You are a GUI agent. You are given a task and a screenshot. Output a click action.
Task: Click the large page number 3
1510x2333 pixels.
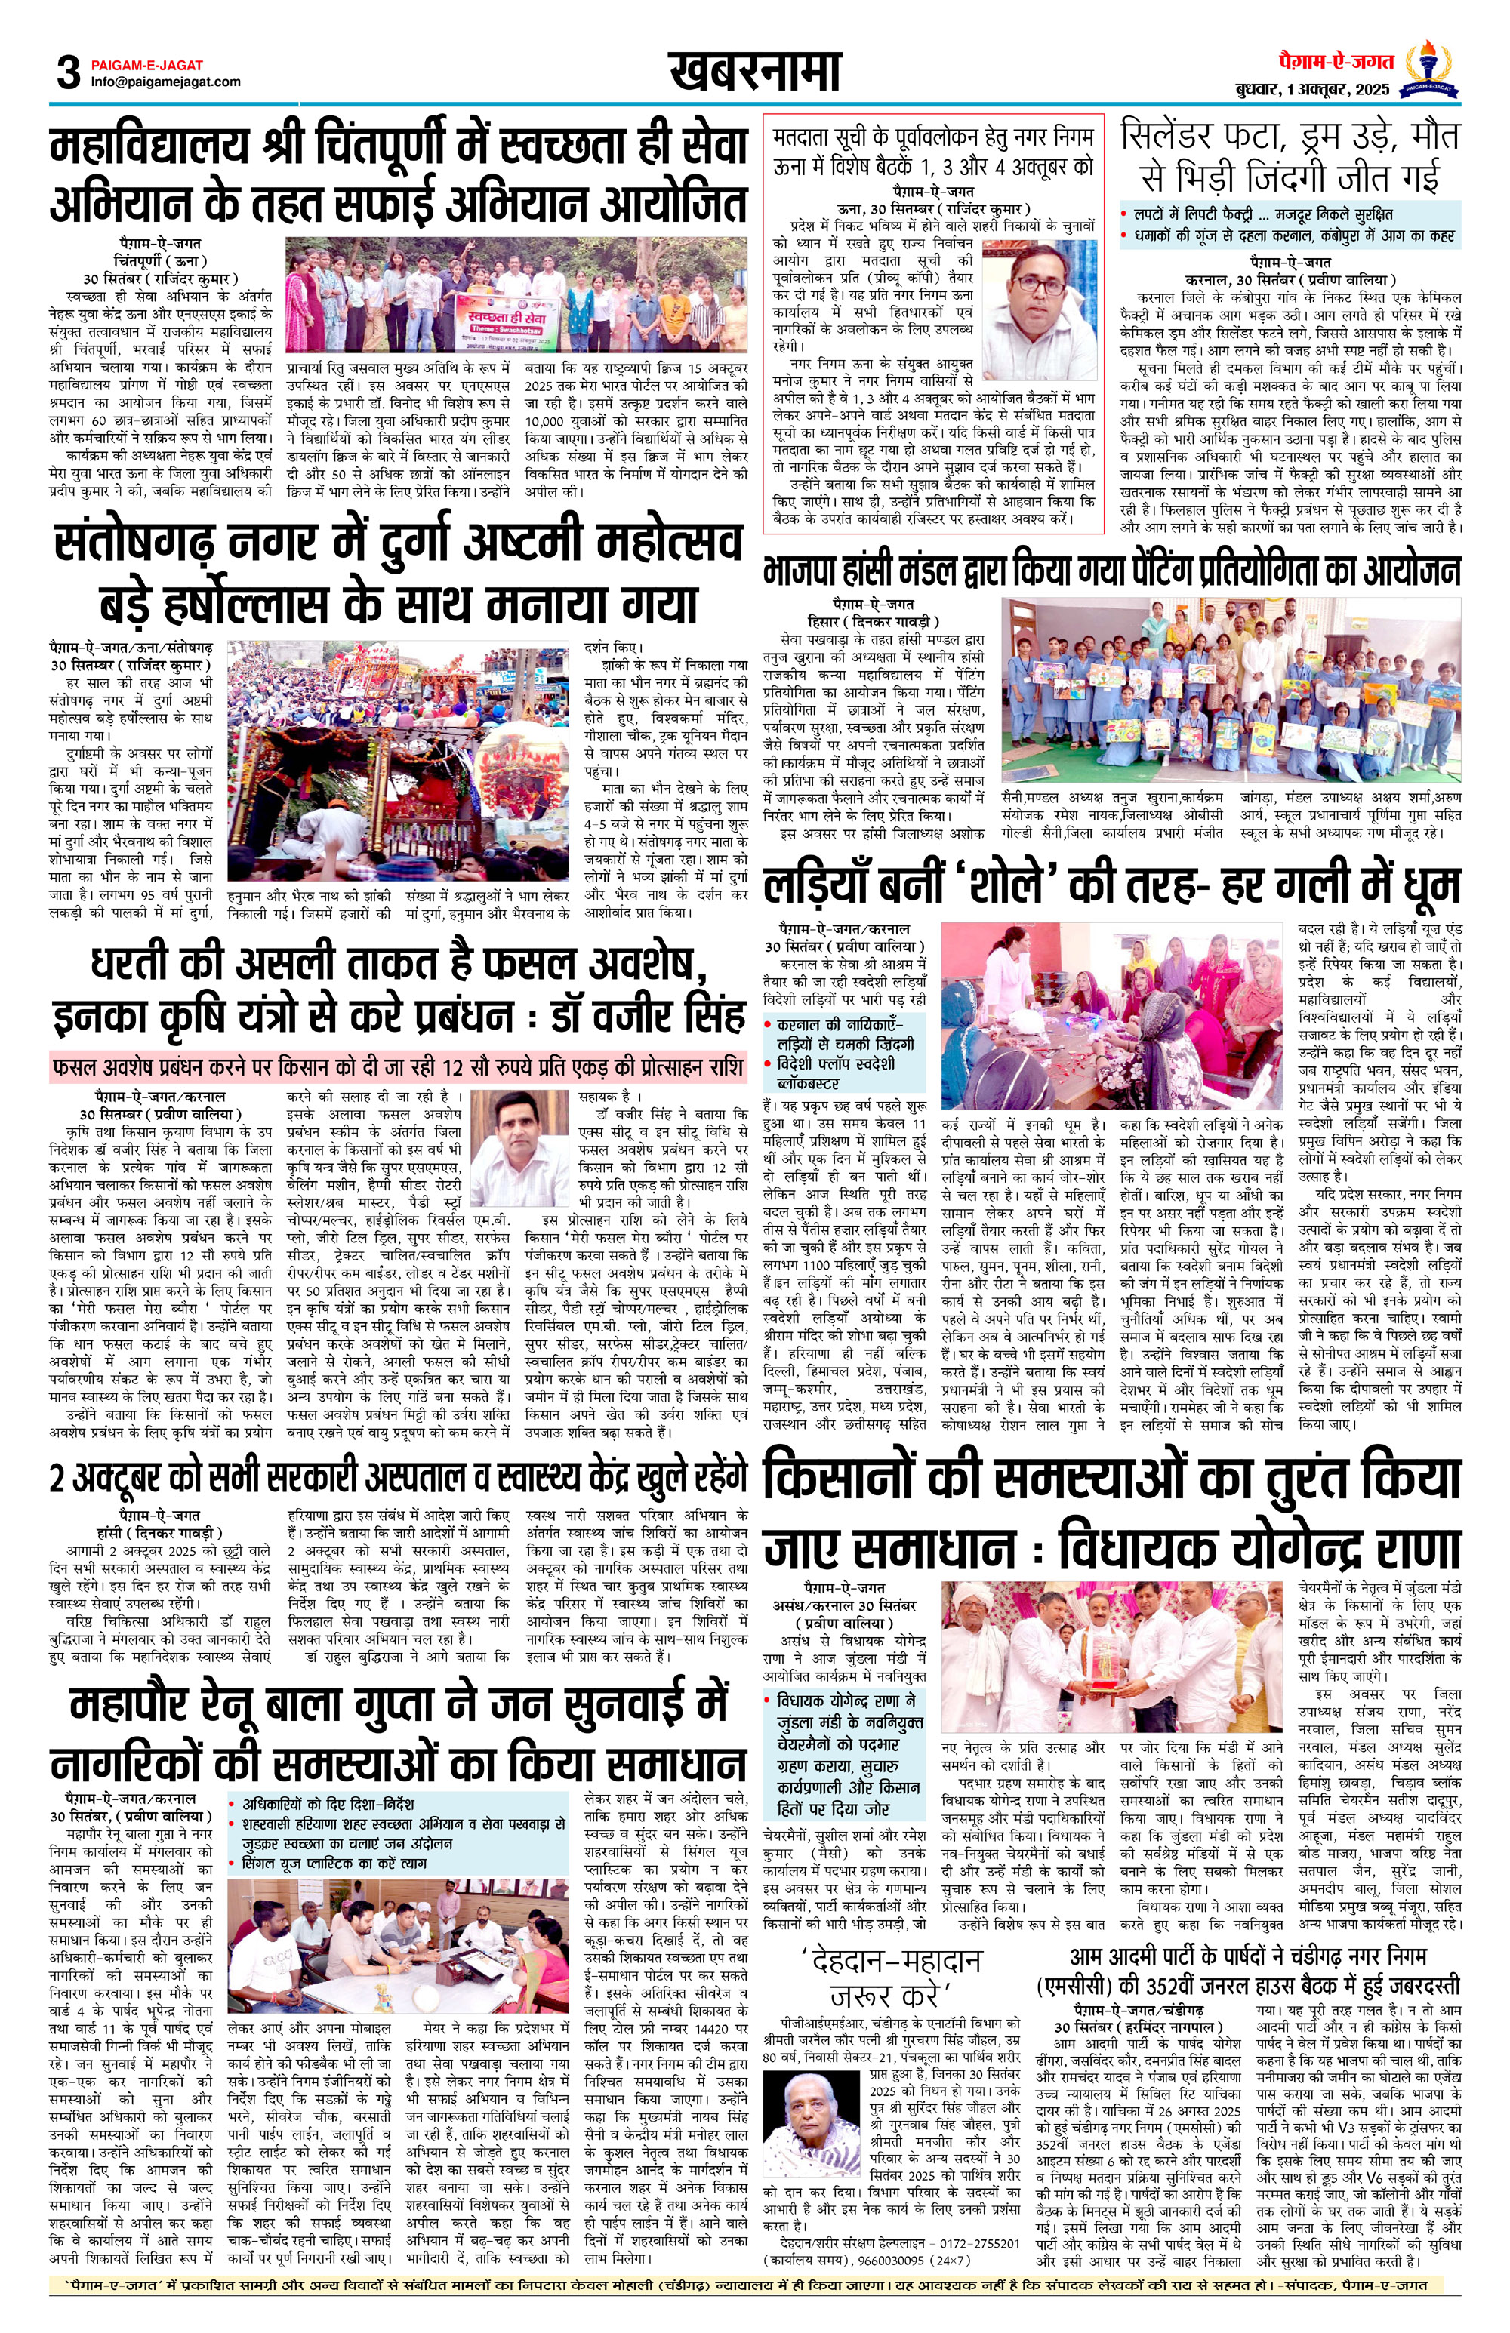(x=68, y=72)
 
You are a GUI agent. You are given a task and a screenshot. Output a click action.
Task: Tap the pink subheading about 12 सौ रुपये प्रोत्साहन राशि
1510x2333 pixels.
(x=397, y=1067)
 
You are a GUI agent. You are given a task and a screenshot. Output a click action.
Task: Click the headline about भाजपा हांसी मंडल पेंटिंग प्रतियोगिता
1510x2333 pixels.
(x=1112, y=571)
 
